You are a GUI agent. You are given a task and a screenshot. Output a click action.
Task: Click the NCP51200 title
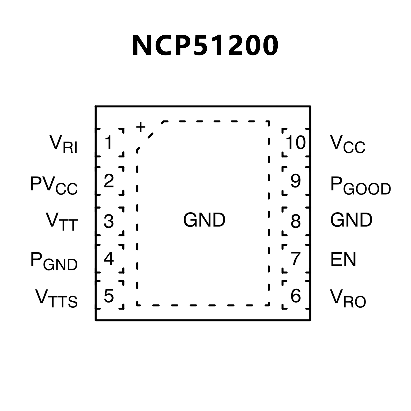[205, 45]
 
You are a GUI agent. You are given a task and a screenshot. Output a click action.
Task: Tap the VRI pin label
[63, 144]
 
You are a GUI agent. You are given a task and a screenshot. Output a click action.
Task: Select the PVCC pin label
[54, 185]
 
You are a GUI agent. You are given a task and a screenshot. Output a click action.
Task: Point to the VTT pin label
[62, 221]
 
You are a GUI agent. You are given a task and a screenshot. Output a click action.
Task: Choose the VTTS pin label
[56, 298]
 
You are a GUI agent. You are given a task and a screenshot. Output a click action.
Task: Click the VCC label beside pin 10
[348, 144]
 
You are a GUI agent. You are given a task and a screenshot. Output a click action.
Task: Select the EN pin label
[343, 259]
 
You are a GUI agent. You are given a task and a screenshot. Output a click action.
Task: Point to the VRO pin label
[348, 298]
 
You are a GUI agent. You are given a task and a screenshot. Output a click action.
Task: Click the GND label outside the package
[351, 220]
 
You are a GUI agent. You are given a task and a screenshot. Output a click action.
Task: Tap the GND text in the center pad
[204, 220]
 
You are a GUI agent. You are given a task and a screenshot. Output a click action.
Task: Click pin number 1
[108, 142]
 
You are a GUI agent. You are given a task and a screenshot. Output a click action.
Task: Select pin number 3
[109, 221]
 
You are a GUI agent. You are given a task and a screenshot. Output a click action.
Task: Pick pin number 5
[109, 296]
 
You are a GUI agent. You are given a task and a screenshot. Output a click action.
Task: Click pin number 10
[296, 142]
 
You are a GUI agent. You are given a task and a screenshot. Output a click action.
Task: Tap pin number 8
[296, 221]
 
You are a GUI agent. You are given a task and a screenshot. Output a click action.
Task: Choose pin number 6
[296, 296]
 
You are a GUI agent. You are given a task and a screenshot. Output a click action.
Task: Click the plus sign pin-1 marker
[141, 127]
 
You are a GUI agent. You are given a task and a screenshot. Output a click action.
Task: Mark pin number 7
[296, 259]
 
